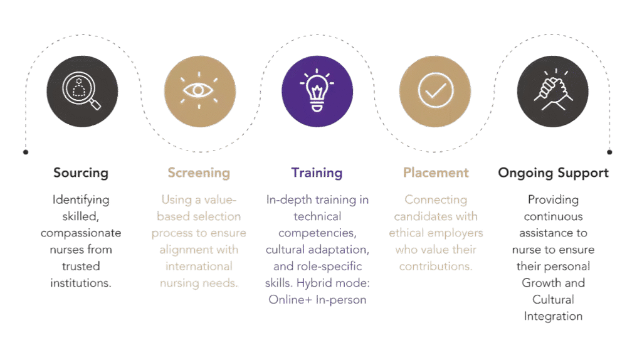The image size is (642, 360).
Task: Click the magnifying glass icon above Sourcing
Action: (82, 91)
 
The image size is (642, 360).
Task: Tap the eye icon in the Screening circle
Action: (199, 90)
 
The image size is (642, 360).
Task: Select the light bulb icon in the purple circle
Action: (317, 90)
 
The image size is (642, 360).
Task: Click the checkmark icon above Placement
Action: (435, 90)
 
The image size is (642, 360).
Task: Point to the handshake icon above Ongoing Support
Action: (553, 90)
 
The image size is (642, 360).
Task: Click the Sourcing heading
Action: (81, 173)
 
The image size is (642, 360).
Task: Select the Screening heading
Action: (199, 173)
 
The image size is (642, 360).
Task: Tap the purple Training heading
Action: (317, 173)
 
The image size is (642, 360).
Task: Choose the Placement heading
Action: (436, 172)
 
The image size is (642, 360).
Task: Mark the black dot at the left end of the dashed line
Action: (26, 152)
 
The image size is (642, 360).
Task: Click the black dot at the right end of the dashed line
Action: (609, 152)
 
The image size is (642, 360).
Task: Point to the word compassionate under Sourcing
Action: (81, 233)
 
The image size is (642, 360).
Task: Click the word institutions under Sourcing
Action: (81, 283)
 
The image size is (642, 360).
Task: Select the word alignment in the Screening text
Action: (184, 250)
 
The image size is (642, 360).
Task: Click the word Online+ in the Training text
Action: (290, 300)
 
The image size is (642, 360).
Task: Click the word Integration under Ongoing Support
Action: (553, 317)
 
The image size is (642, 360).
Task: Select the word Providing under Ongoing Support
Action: (553, 200)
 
